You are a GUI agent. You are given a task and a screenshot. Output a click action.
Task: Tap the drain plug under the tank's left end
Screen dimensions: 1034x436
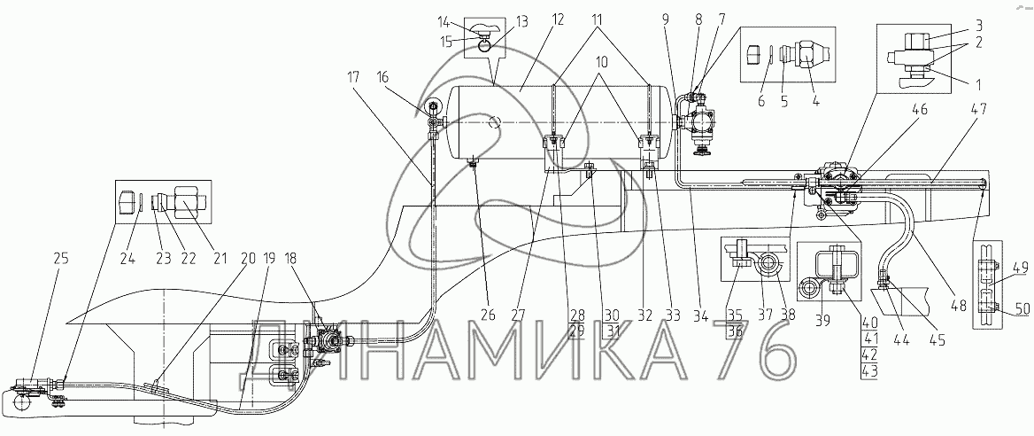pos(473,160)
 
